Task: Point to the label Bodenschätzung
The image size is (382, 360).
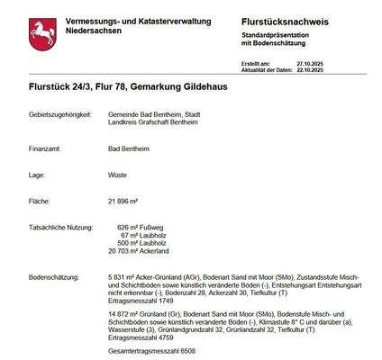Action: [55, 278]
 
